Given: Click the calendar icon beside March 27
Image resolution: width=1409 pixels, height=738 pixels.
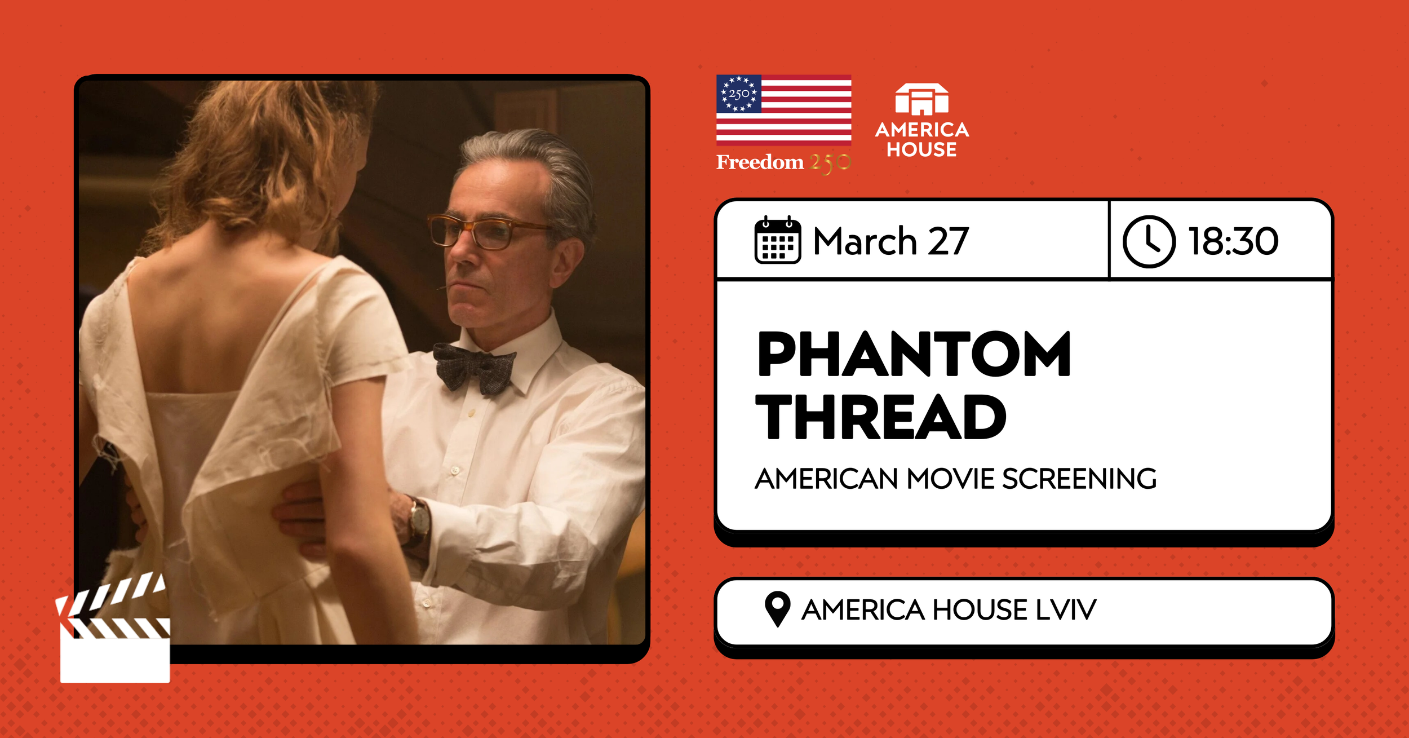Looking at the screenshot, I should (777, 240).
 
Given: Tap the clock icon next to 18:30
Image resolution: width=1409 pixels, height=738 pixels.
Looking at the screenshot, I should (1149, 241).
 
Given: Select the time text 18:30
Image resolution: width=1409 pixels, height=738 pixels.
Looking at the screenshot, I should (1233, 241).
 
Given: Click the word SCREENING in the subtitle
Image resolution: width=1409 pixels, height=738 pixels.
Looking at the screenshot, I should (1079, 479).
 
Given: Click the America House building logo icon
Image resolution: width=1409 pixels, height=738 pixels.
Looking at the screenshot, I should (921, 100).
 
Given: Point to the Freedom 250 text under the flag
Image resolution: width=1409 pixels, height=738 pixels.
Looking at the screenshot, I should (783, 162).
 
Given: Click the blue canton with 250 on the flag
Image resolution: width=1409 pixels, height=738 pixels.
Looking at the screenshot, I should (739, 94).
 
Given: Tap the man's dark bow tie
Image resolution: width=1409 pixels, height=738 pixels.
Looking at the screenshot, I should (474, 367).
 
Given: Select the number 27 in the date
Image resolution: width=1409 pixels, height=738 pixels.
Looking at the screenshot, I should (948, 241).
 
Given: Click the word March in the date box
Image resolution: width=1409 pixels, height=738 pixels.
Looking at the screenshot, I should (865, 241).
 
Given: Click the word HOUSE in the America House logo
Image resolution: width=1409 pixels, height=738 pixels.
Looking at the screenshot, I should (921, 149).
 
